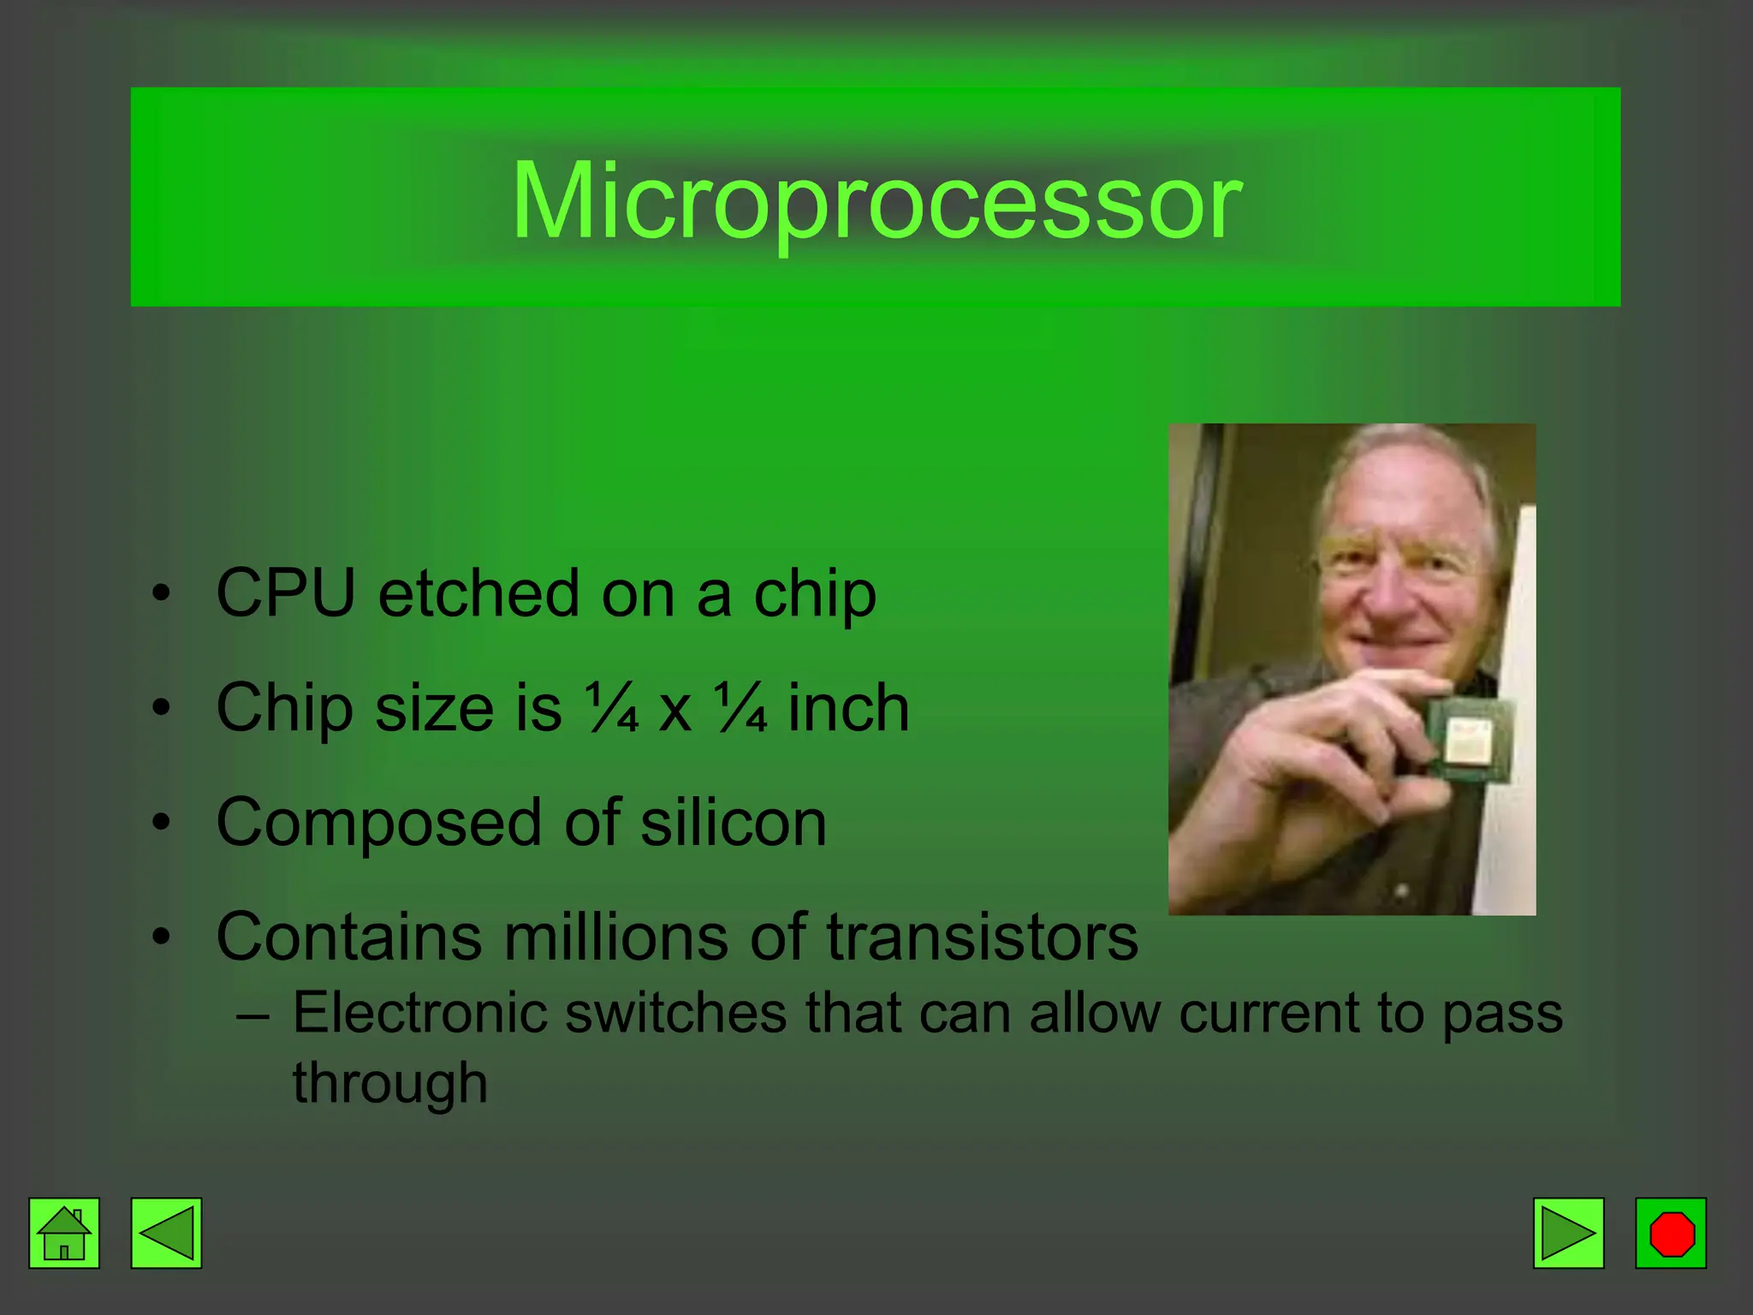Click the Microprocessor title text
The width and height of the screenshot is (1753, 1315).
click(x=876, y=201)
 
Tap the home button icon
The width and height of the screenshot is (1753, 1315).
click(x=64, y=1233)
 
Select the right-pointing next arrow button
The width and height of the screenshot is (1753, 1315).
click(x=1568, y=1233)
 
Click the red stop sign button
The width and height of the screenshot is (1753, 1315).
click(x=1671, y=1233)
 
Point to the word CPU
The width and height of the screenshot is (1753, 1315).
click(x=285, y=592)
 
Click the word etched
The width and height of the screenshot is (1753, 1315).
click(x=478, y=592)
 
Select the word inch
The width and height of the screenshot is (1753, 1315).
click(x=848, y=708)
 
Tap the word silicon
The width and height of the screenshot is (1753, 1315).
click(x=734, y=822)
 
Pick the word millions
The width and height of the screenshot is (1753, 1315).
click(x=615, y=937)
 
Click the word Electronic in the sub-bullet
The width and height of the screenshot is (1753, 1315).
click(x=419, y=1013)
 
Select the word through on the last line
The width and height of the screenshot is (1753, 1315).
click(x=389, y=1084)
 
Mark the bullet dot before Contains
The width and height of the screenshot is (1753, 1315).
click(x=161, y=937)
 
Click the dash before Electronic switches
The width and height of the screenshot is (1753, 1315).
click(x=253, y=1016)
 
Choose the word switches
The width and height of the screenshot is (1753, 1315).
click(x=675, y=1013)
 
